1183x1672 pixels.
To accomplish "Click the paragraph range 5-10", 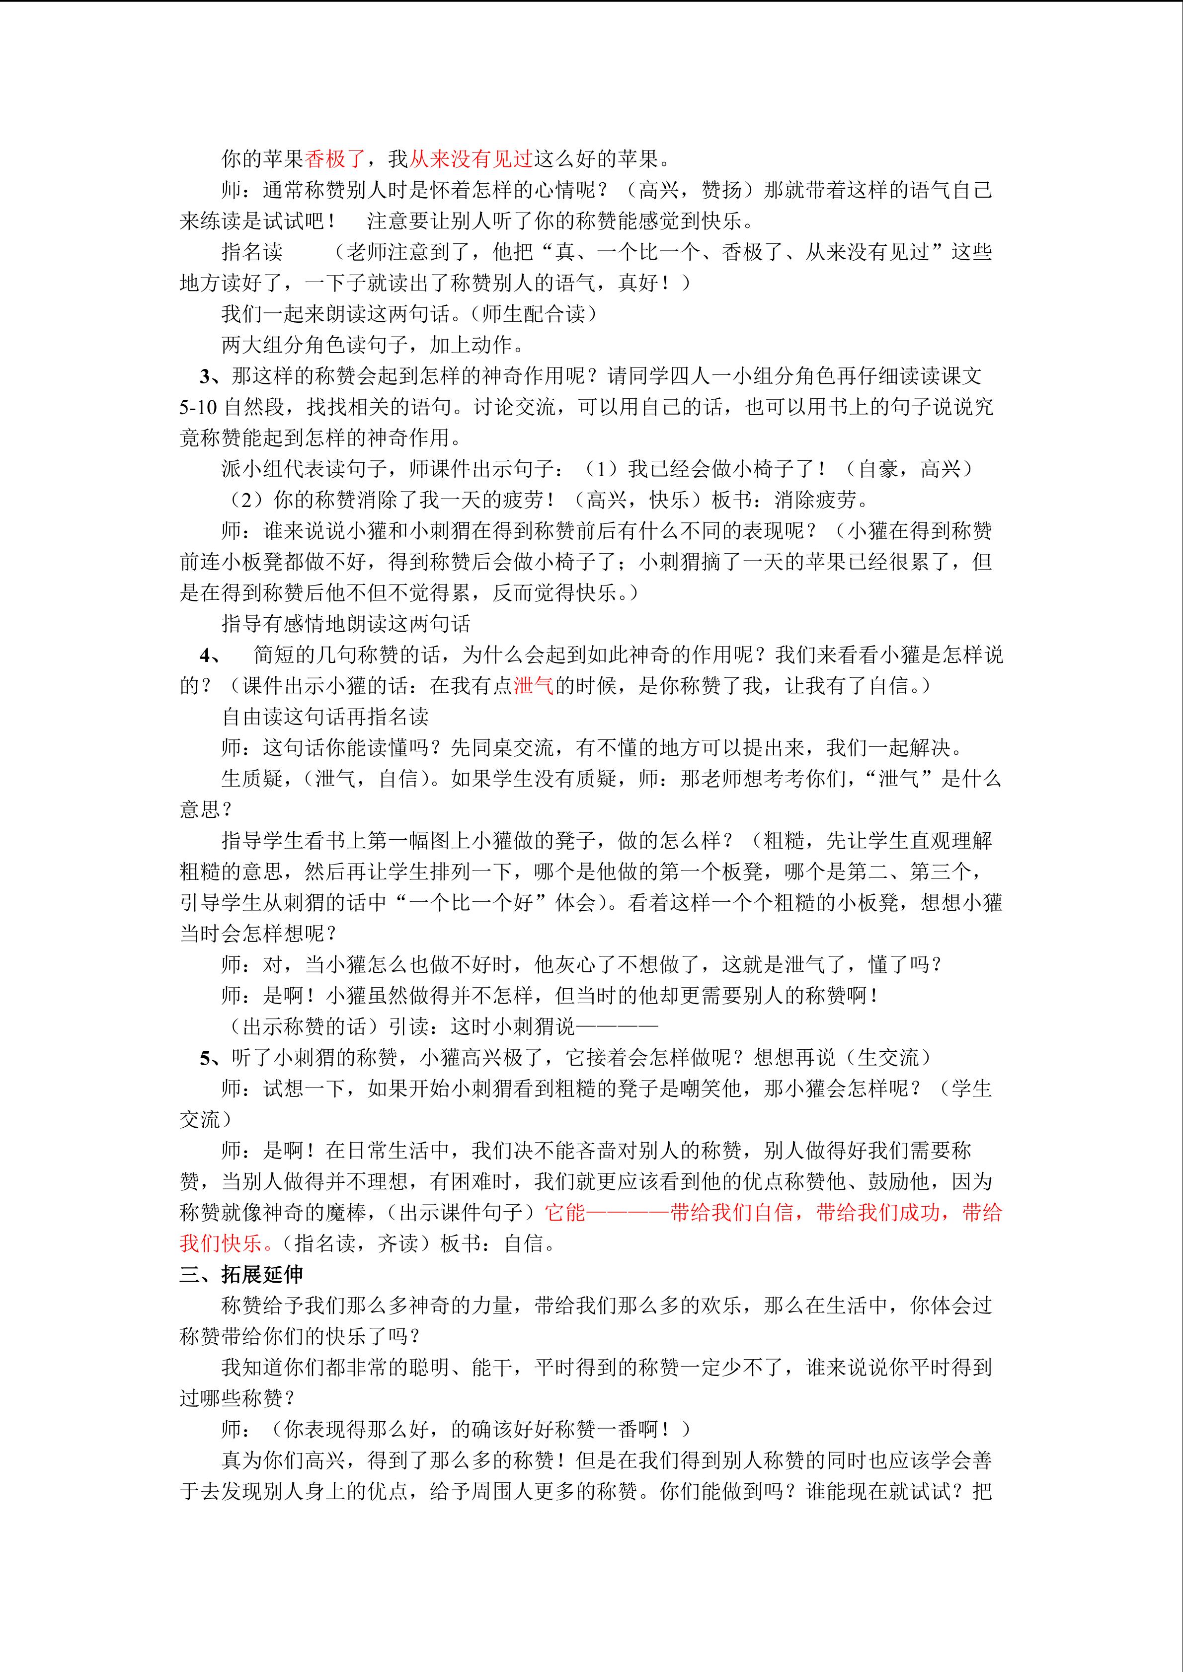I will [198, 407].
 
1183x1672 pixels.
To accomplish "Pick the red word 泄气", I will [534, 686].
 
